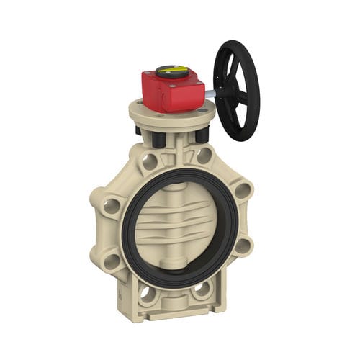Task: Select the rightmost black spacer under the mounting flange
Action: click(x=202, y=134)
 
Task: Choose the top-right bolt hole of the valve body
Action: click(x=205, y=155)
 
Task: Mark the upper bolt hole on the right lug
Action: click(x=243, y=190)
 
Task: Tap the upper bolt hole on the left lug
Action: click(x=112, y=206)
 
